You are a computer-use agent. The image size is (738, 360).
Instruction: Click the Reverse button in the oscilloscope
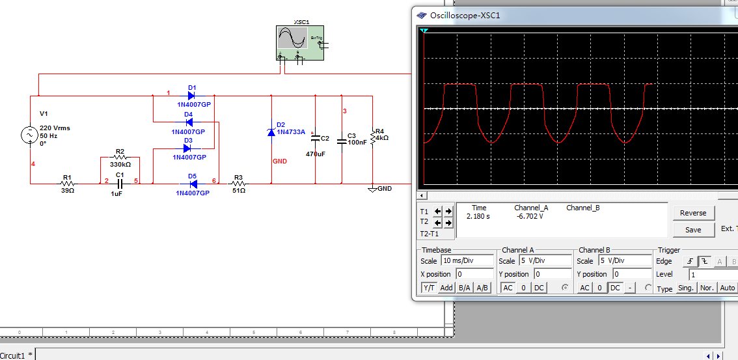pyautogui.click(x=693, y=213)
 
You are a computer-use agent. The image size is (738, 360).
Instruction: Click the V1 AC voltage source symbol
pyautogui.click(x=30, y=135)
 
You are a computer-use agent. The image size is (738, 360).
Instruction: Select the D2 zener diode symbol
pyautogui.click(x=271, y=132)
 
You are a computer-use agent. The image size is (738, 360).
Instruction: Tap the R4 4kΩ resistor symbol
pyautogui.click(x=372, y=137)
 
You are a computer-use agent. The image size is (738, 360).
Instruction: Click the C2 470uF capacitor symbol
pyautogui.click(x=316, y=138)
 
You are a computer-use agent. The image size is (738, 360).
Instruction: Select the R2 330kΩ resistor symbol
pyautogui.click(x=120, y=158)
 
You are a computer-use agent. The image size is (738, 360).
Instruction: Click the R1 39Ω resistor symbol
pyautogui.click(x=67, y=184)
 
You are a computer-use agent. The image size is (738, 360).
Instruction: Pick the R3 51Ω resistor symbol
pyautogui.click(x=238, y=184)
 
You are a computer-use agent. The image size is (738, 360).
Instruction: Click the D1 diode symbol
pyautogui.click(x=191, y=96)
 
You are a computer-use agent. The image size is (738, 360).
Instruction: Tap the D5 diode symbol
pyautogui.click(x=192, y=184)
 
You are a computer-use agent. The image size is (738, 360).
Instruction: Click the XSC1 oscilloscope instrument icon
pyautogui.click(x=299, y=43)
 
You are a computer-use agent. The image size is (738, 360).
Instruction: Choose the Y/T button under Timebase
pyautogui.click(x=430, y=288)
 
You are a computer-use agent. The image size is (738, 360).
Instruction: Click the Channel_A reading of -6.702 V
pyautogui.click(x=529, y=216)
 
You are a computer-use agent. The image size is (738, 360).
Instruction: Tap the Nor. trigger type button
pyautogui.click(x=706, y=288)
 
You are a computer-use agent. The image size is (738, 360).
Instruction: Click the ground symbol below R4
pyautogui.click(x=372, y=189)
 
